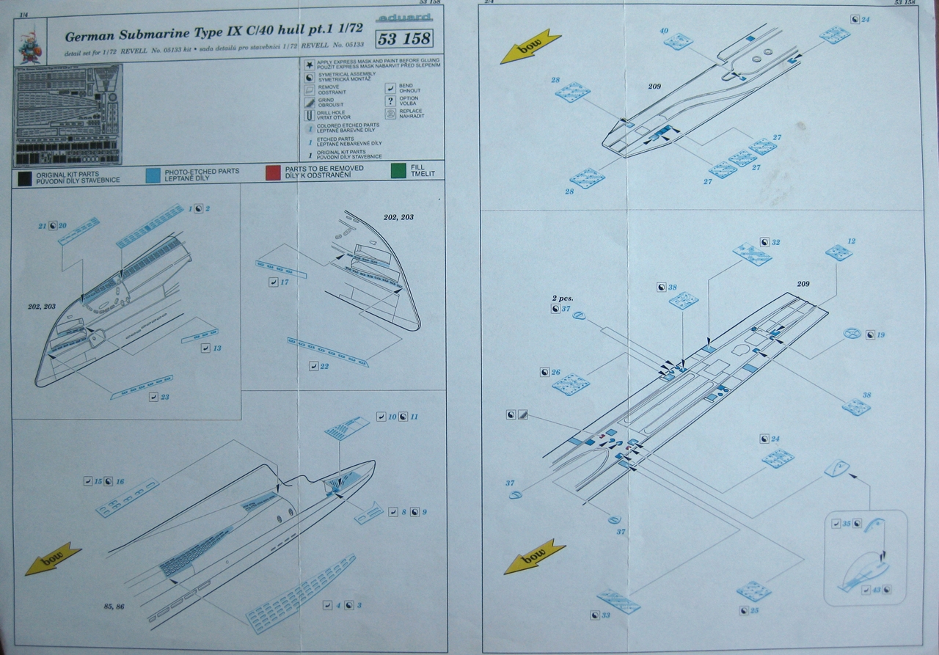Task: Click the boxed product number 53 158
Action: pos(403,39)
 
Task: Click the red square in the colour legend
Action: pos(272,173)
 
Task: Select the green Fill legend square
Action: pos(398,173)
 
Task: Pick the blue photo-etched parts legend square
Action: pos(152,174)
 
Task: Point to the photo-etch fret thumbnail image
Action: pos(69,114)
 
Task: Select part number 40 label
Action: pos(664,31)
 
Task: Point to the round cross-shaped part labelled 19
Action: pos(851,333)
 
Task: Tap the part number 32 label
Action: pos(775,242)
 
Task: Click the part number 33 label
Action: pos(605,615)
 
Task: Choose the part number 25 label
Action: pos(754,611)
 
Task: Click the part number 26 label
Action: pos(555,373)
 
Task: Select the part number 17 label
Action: pos(284,282)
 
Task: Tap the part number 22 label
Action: pos(324,365)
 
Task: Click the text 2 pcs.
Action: pos(562,299)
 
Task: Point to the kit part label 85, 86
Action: pos(114,606)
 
